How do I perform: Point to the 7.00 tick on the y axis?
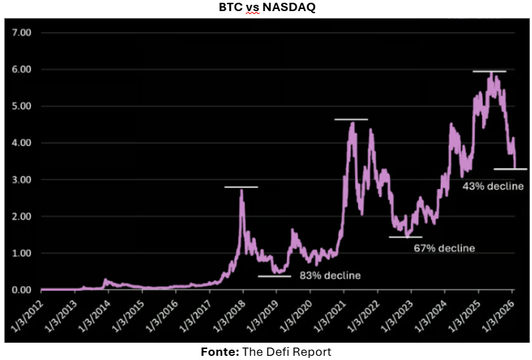(22, 33)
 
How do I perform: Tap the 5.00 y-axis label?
(22, 106)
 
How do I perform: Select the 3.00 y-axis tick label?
(22, 179)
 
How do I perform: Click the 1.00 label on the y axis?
(22, 253)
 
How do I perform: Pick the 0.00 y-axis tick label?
(22, 289)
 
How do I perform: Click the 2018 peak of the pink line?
(241, 191)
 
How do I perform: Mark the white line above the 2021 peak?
(351, 120)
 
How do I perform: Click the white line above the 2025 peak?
(489, 71)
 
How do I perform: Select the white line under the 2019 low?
(274, 276)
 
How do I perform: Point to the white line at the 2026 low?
(510, 169)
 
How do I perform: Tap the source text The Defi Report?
(287, 352)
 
